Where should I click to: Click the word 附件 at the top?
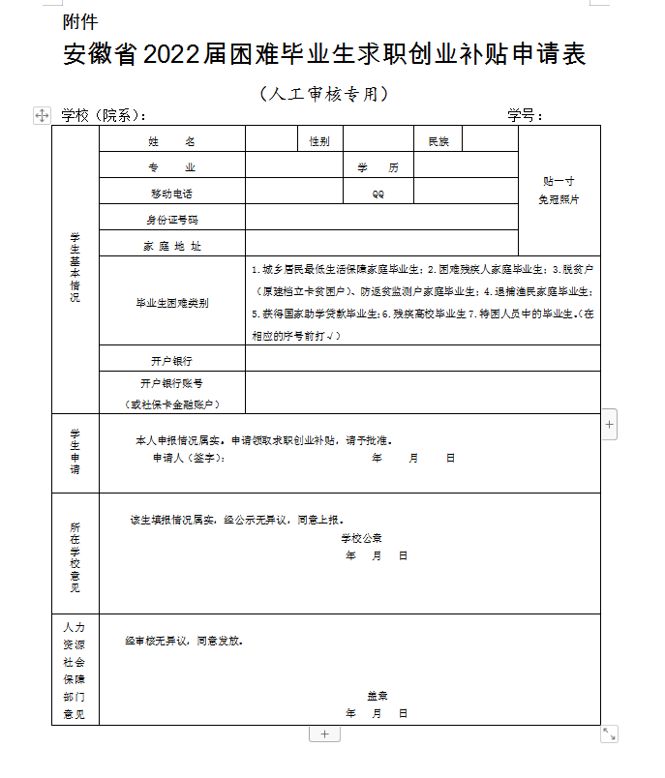point(79,20)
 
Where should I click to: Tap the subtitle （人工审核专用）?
point(324,94)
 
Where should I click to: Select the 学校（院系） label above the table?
point(104,116)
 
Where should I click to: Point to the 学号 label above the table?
point(526,116)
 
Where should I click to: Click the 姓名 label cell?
point(171,141)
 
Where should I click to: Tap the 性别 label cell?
point(319,141)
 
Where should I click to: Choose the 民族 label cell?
point(438,141)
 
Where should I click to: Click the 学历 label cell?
point(378,167)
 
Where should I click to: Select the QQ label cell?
point(378,194)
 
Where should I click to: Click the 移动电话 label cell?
point(171,194)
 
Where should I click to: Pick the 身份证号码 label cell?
point(171,220)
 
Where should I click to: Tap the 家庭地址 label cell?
point(171,246)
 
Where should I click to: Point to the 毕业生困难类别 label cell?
point(171,303)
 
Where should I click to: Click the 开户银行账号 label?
point(171,383)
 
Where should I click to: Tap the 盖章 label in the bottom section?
point(377,696)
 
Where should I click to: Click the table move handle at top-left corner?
point(42,115)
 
